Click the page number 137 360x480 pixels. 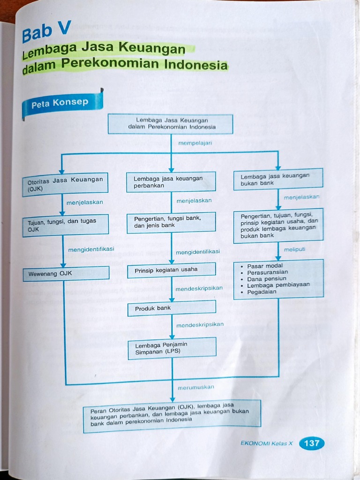pyautogui.click(x=312, y=443)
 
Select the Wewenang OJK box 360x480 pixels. pyautogui.click(x=66, y=273)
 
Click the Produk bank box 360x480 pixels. pyautogui.click(x=172, y=308)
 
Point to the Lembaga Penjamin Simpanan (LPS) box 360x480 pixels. pyautogui.click(x=172, y=348)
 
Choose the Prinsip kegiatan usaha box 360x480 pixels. pyautogui.click(x=172, y=270)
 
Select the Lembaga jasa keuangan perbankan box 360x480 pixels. pyautogui.click(x=171, y=182)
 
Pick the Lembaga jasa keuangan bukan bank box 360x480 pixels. pyautogui.click(x=278, y=179)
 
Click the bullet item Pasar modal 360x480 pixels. pyautogui.click(x=265, y=266)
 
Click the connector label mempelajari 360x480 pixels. pyautogui.click(x=195, y=143)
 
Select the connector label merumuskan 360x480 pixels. pyautogui.click(x=196, y=387)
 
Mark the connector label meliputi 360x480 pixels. pyautogui.click(x=294, y=249)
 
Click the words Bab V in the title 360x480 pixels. pyautogui.click(x=46, y=31)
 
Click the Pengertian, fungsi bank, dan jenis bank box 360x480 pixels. pyautogui.click(x=172, y=222)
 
